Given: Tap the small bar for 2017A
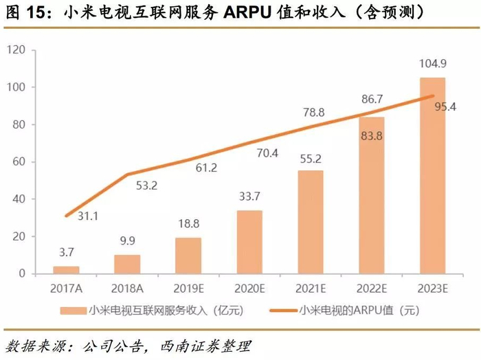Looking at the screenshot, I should coord(66,270).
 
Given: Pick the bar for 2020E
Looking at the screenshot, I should coord(249,242).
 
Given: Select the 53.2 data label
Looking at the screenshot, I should coord(146,186).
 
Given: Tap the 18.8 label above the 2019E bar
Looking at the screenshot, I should coord(188,225).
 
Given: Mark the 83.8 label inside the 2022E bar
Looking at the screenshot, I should coord(371,135).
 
